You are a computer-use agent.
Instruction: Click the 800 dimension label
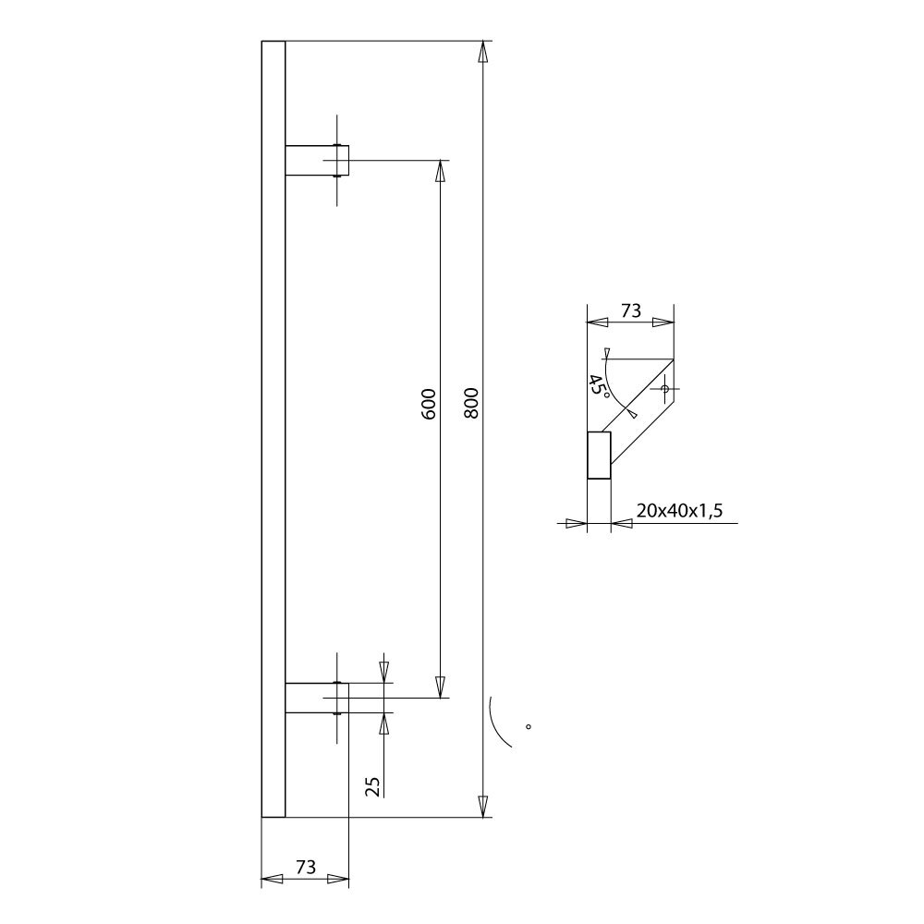point(470,403)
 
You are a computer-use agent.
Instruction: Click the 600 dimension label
point(428,404)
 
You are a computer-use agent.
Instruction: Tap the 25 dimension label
point(373,785)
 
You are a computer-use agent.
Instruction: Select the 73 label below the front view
point(305,867)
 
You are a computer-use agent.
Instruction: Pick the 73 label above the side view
point(630,311)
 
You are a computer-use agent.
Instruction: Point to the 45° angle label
point(599,385)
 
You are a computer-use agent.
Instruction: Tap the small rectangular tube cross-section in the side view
point(599,456)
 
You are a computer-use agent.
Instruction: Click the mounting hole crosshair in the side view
point(663,389)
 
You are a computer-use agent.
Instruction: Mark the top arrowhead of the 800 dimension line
point(482,53)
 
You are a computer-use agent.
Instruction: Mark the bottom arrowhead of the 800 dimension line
point(482,806)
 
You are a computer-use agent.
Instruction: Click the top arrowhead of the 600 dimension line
point(440,172)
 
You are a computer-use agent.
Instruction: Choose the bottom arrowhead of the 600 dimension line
point(440,687)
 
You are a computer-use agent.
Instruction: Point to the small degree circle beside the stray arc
point(529,726)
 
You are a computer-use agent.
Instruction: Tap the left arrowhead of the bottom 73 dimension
point(272,879)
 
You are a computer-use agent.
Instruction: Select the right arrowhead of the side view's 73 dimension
point(663,322)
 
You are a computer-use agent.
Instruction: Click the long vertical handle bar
point(274,429)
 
